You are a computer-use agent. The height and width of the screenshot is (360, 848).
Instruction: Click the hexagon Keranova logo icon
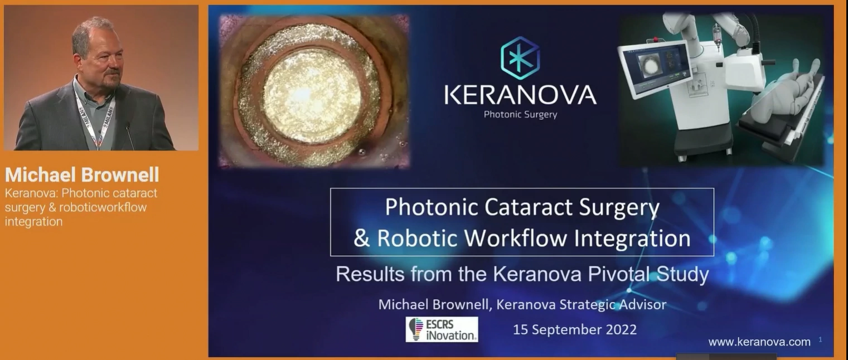click(520, 58)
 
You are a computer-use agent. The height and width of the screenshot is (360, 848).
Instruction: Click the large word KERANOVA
click(521, 95)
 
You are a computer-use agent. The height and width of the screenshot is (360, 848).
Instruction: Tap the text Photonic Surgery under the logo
click(521, 114)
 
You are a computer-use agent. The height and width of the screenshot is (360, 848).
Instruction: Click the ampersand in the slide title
click(361, 238)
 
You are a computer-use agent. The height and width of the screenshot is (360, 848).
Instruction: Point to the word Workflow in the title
click(516, 238)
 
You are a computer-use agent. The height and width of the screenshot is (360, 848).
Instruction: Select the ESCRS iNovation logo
click(442, 329)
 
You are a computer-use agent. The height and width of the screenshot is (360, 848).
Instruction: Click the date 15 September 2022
click(575, 329)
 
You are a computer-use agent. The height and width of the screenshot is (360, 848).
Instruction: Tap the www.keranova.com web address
click(759, 342)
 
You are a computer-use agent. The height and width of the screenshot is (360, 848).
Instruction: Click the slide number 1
click(820, 339)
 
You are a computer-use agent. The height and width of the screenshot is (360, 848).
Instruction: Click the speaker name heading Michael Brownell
click(82, 175)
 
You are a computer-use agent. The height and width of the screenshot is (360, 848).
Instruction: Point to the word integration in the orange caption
click(33, 221)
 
